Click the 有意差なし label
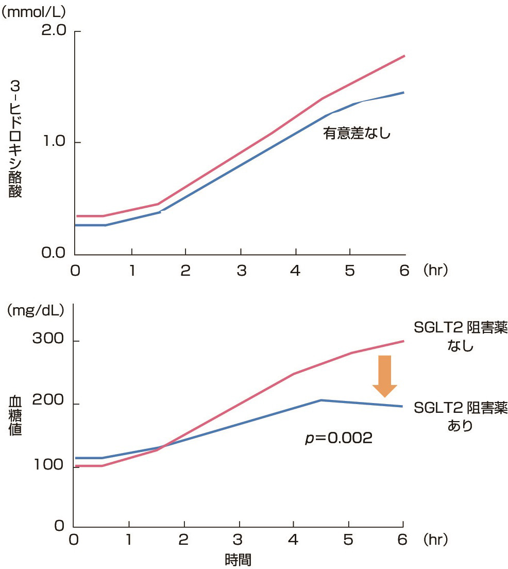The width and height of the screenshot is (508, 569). pyautogui.click(x=357, y=133)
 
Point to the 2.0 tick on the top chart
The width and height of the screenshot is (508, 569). pyautogui.click(x=53, y=31)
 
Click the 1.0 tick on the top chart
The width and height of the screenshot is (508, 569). pyautogui.click(x=53, y=142)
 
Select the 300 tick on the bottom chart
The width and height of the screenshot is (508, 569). pyautogui.click(x=48, y=340)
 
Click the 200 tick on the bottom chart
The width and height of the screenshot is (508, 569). pyautogui.click(x=48, y=404)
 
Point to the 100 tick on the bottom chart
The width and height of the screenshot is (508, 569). pyautogui.click(x=48, y=466)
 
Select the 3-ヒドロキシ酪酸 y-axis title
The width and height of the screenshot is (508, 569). pyautogui.click(x=15, y=139)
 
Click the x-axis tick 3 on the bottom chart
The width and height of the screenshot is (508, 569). pyautogui.click(x=238, y=540)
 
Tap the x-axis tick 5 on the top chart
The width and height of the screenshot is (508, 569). pyautogui.click(x=350, y=270)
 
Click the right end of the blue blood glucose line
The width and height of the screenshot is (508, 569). pyautogui.click(x=402, y=406)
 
